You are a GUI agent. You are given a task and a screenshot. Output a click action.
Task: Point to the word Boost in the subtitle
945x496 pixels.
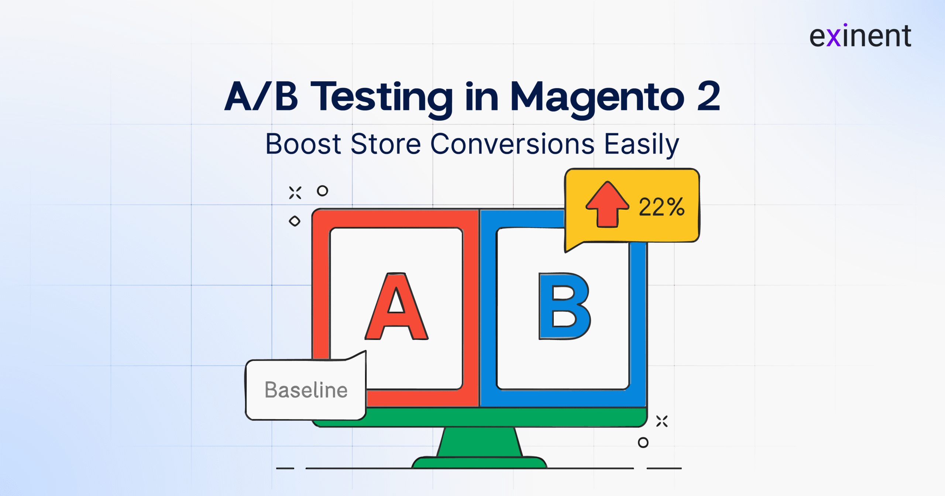tap(303, 144)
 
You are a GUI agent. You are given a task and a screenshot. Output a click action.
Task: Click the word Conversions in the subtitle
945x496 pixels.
tap(513, 144)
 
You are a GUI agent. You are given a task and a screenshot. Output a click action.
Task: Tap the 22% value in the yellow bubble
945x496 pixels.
tap(661, 207)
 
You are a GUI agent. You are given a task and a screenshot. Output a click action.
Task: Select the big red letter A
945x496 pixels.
tap(396, 306)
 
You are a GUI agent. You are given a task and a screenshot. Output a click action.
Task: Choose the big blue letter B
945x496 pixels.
tap(564, 306)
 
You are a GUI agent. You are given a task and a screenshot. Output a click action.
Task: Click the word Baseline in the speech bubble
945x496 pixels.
tap(306, 390)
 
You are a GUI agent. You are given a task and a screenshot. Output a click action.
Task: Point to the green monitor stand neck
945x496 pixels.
tap(480, 442)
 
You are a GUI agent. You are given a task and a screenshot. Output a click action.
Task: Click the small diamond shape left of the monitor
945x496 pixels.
tap(295, 221)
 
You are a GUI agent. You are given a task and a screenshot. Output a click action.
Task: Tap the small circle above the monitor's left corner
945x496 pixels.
tap(322, 191)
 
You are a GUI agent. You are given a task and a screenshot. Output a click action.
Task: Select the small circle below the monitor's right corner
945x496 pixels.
tap(643, 442)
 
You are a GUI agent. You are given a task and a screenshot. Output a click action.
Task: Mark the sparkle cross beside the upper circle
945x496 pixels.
tap(295, 193)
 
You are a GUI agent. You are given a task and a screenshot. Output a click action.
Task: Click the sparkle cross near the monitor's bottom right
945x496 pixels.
tap(662, 421)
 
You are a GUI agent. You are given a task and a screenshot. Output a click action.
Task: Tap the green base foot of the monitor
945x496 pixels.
tap(479, 462)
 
